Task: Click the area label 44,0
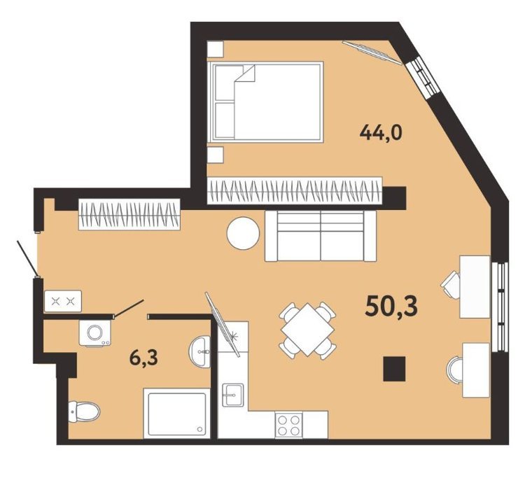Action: tap(381, 133)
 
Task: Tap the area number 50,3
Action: tap(391, 306)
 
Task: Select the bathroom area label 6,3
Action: tap(143, 358)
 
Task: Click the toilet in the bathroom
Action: tap(84, 412)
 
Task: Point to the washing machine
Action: tap(95, 332)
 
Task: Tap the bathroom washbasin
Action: tap(200, 351)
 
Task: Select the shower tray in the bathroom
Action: tap(176, 413)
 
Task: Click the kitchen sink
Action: tap(232, 395)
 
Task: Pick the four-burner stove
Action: tap(288, 424)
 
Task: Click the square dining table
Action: tap(307, 330)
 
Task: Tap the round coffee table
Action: tap(244, 234)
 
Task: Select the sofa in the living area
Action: tap(321, 236)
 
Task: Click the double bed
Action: tap(265, 101)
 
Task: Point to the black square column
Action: tap(395, 368)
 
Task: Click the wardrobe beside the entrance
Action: tap(129, 215)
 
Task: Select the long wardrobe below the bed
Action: tap(295, 190)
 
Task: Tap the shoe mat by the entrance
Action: tap(63, 301)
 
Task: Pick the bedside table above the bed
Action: tap(216, 49)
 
